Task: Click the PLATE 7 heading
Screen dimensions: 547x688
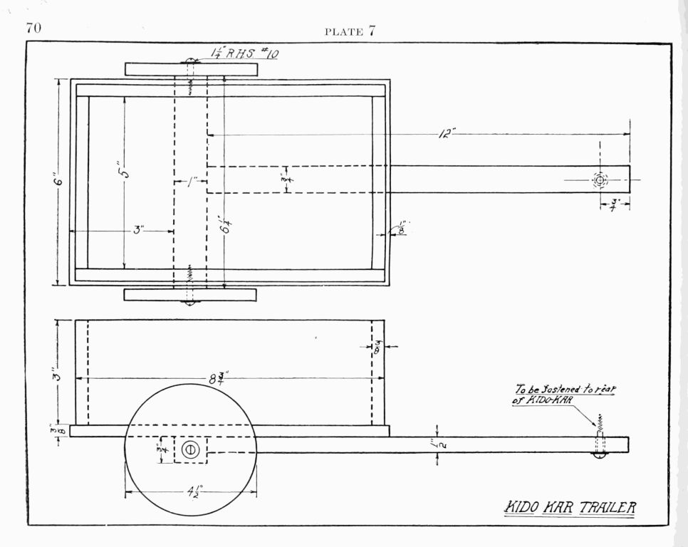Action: click(349, 31)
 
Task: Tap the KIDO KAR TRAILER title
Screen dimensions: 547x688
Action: click(570, 508)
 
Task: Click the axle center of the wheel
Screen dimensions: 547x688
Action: click(190, 450)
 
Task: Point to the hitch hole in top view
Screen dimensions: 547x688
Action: click(600, 180)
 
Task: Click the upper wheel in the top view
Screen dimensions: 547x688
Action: click(190, 69)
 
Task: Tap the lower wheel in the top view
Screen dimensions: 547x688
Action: click(190, 295)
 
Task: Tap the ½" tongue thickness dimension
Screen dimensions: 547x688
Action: click(436, 445)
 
